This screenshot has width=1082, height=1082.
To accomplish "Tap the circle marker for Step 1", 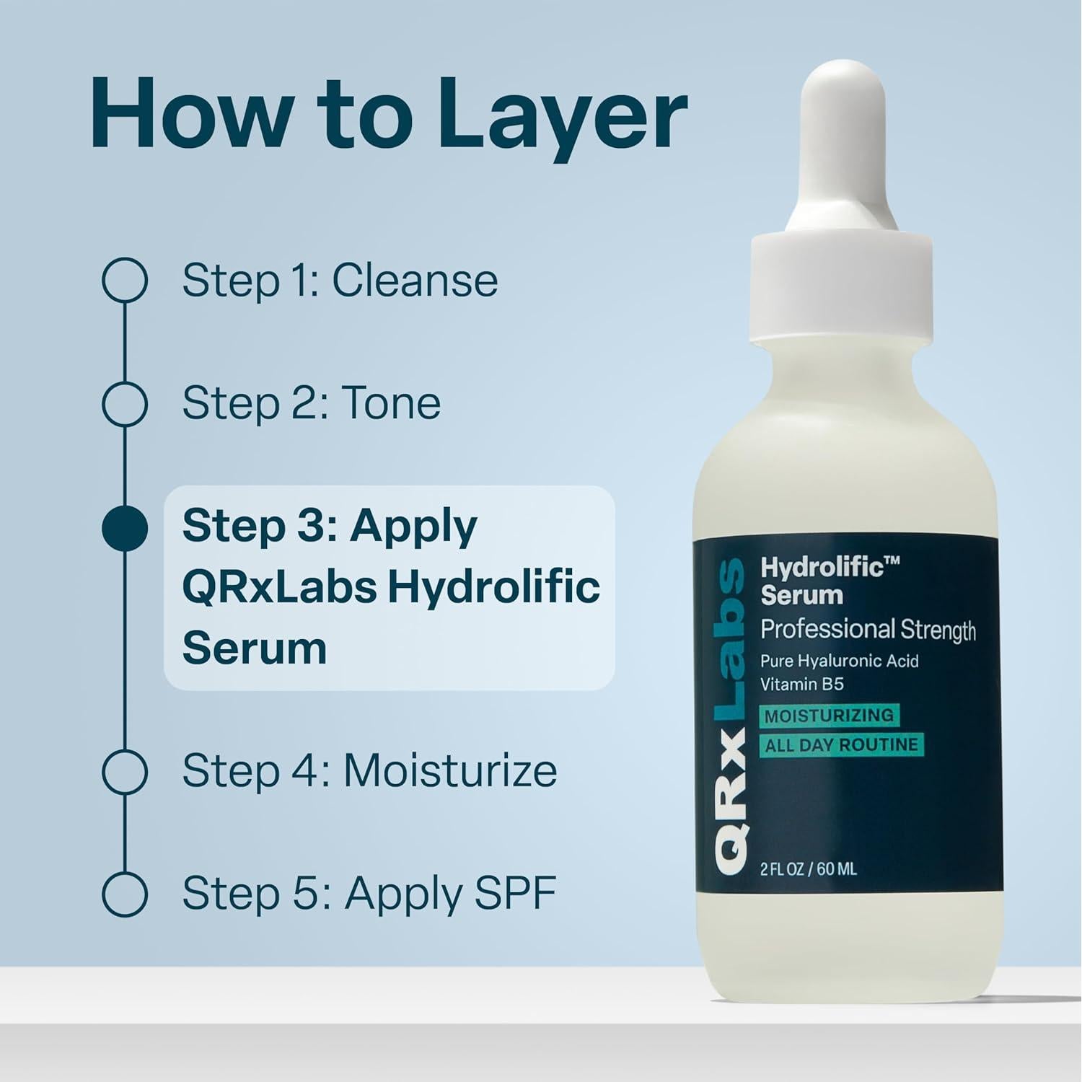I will tap(125, 281).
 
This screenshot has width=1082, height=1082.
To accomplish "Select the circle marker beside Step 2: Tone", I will tap(125, 403).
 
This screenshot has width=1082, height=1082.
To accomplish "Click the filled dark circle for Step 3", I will tap(125, 528).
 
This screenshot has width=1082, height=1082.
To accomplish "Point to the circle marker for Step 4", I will tap(125, 772).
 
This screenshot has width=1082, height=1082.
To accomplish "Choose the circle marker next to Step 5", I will tap(125, 894).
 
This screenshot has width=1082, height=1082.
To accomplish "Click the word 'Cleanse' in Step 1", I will tap(415, 281).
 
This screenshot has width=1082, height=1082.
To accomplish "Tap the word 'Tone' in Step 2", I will tap(390, 403).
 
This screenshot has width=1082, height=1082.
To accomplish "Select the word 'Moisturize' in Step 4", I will tap(449, 771).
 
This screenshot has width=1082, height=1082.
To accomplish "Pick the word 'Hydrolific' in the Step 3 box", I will tap(493, 587).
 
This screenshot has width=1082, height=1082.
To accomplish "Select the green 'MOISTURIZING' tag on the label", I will tap(829, 716).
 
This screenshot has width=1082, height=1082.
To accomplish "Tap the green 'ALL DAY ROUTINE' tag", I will tap(841, 745).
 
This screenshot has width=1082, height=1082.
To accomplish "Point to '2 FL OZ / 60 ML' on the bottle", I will tap(809, 869).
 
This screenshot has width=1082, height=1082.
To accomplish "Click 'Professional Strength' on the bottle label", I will tap(868, 630).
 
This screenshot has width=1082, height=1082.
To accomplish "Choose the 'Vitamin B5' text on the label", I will tap(801, 684).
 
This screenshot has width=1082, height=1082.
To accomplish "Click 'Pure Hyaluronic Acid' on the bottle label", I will tap(839, 661).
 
